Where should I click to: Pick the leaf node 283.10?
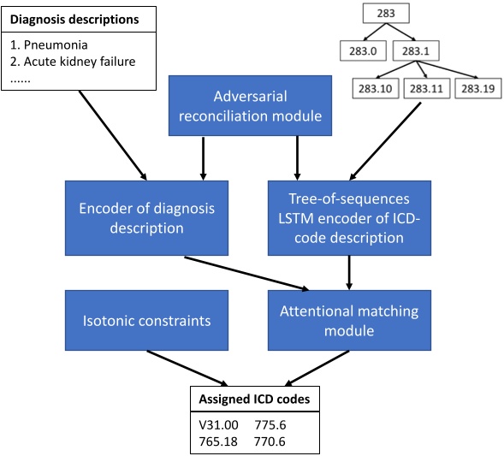[374, 87]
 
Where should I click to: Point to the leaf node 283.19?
[477, 87]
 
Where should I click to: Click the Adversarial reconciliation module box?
[248, 104]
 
